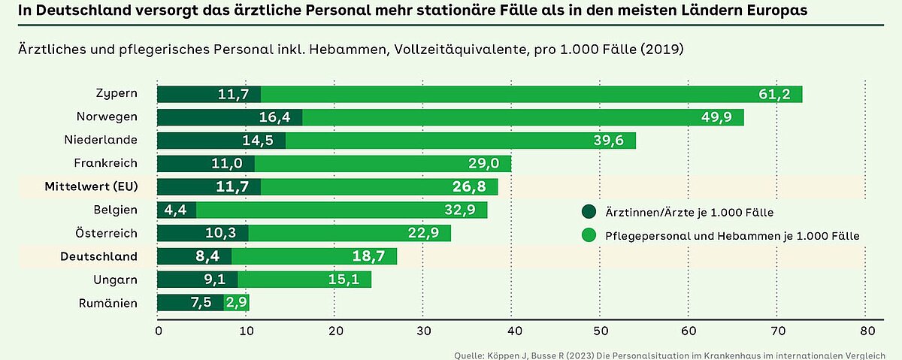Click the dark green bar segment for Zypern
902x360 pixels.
[x=209, y=95]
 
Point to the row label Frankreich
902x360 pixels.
[x=105, y=163]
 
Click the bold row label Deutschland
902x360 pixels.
[x=98, y=256]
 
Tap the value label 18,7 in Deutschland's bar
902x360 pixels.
[x=368, y=257]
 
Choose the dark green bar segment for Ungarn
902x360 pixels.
[x=197, y=280]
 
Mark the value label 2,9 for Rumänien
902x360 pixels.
[x=237, y=303]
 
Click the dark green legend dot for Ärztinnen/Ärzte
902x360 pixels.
[x=589, y=212]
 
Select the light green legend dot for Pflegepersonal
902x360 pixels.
[x=589, y=235]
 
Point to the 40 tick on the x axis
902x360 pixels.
[x=512, y=330]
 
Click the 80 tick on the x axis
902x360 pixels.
[x=867, y=330]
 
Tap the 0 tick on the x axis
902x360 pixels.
[x=158, y=330]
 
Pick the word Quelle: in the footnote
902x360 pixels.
[x=471, y=355]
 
